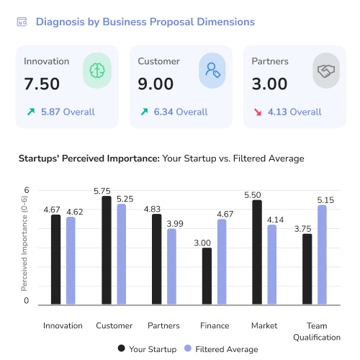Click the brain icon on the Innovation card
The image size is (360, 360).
pyautogui.click(x=97, y=70)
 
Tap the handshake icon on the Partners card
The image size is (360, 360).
pyautogui.click(x=326, y=70)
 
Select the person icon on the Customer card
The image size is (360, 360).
pyautogui.click(x=212, y=70)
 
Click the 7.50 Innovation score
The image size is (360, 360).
pyautogui.click(x=42, y=84)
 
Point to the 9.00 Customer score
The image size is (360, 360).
pyautogui.click(x=156, y=84)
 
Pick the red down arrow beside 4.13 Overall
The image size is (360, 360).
pyautogui.click(x=258, y=112)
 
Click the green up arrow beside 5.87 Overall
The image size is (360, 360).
pyautogui.click(x=30, y=112)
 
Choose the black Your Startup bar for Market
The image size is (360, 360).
pyautogui.click(x=257, y=252)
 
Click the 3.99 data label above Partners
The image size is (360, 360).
pyautogui.click(x=171, y=224)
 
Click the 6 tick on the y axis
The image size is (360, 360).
pyautogui.click(x=27, y=191)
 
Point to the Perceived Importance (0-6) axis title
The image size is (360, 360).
pyautogui.click(x=24, y=247)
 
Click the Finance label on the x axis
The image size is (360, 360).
pyautogui.click(x=215, y=325)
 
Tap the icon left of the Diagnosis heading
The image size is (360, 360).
pyautogui.click(x=22, y=22)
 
